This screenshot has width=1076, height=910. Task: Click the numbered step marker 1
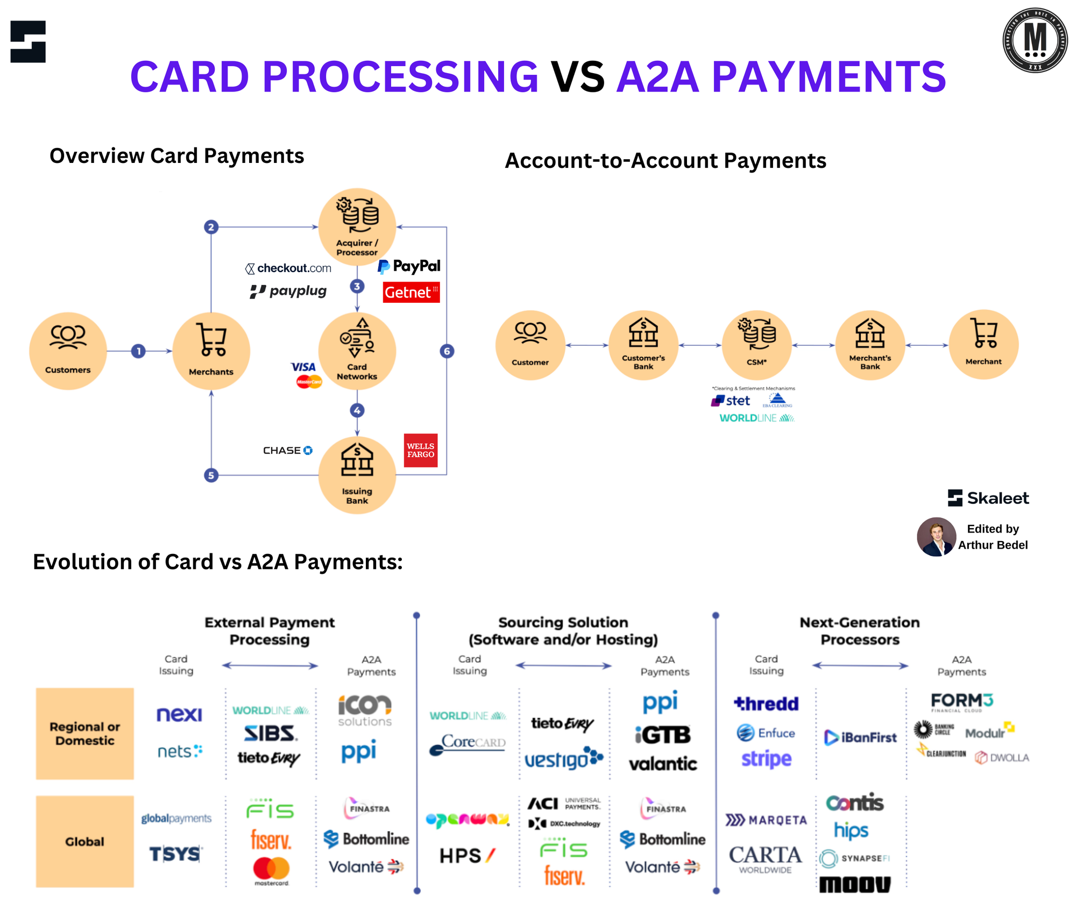(x=138, y=351)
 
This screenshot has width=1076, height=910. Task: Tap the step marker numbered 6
(x=447, y=351)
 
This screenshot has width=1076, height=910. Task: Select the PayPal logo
(x=409, y=266)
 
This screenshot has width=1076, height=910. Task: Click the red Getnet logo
(x=411, y=292)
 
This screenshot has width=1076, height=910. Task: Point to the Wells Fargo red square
(x=420, y=450)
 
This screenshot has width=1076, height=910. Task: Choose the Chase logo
(x=287, y=450)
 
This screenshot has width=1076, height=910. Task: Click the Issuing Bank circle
(x=357, y=475)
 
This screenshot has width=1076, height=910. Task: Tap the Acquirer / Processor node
(x=357, y=226)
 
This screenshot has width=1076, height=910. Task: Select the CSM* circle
(x=756, y=345)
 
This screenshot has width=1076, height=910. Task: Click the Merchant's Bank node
(x=870, y=345)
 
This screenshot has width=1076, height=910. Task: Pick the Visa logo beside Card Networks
(x=303, y=367)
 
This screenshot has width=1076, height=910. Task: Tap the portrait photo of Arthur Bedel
(x=936, y=537)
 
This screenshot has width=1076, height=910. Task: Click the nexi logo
(x=179, y=714)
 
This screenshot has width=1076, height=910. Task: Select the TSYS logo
(x=175, y=854)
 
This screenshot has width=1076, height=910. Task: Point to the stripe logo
(x=766, y=759)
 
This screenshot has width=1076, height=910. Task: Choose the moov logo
(x=854, y=885)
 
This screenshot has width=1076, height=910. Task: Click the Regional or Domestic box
(x=85, y=734)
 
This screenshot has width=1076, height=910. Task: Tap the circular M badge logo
(x=1035, y=40)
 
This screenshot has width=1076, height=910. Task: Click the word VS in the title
(x=577, y=77)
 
